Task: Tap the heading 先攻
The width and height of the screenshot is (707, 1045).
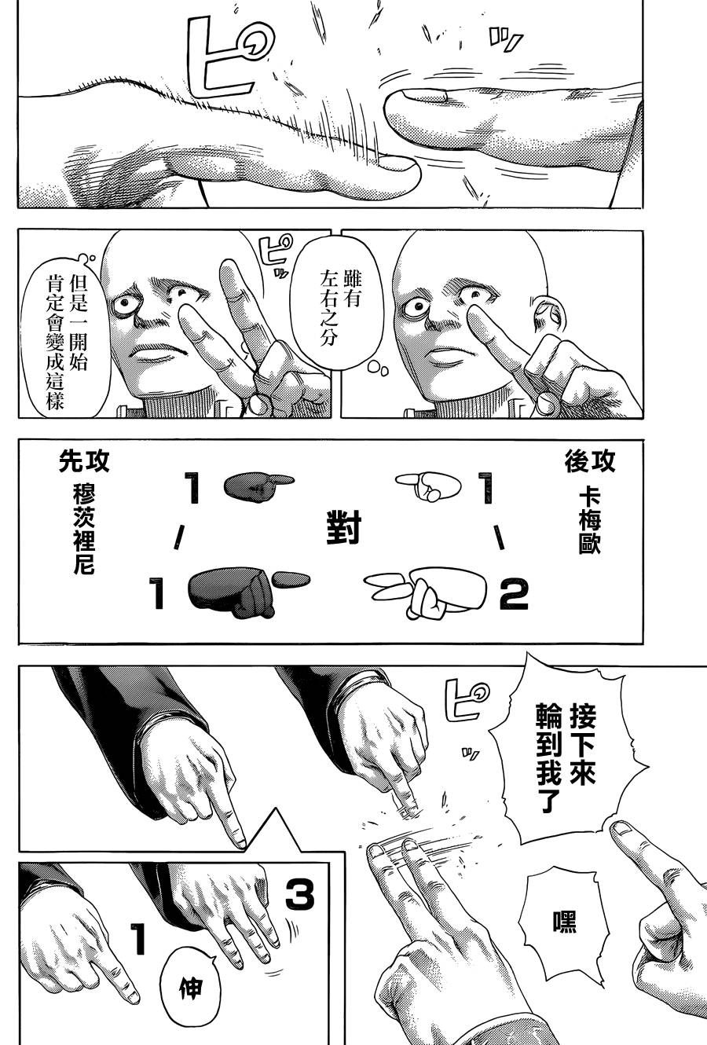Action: pyautogui.click(x=84, y=461)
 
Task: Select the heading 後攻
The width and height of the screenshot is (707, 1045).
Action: pyautogui.click(x=590, y=462)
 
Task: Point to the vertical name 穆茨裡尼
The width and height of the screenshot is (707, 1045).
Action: pyautogui.click(x=83, y=529)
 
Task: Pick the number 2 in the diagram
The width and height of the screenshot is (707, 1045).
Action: pyautogui.click(x=514, y=595)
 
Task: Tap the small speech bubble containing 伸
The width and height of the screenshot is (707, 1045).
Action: pyautogui.click(x=191, y=988)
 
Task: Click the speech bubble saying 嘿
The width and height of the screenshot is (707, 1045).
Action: pyautogui.click(x=564, y=921)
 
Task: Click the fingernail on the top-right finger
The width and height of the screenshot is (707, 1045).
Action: pyautogui.click(x=426, y=97)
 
